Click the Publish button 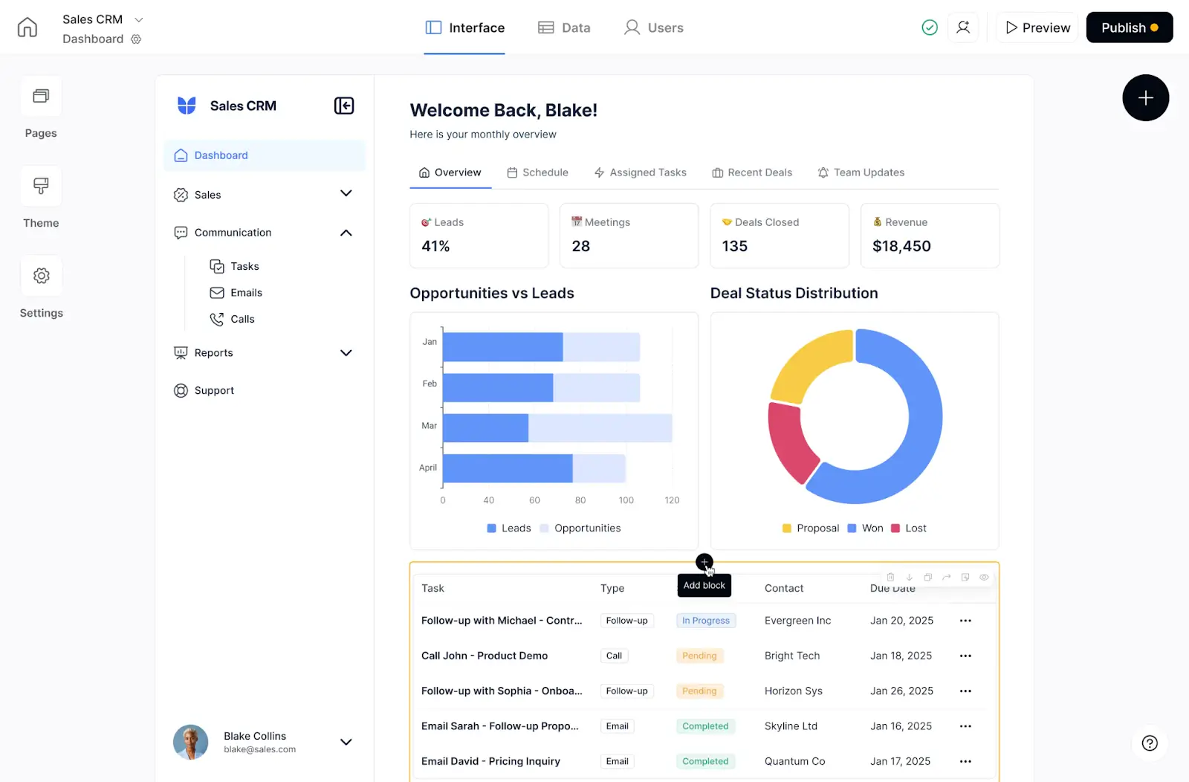pyautogui.click(x=1128, y=28)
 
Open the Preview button pyautogui.click(x=1037, y=28)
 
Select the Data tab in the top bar pyautogui.click(x=564, y=28)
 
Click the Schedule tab pyautogui.click(x=537, y=172)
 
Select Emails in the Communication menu pyautogui.click(x=245, y=293)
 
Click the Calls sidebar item pyautogui.click(x=242, y=319)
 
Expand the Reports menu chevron pyautogui.click(x=346, y=353)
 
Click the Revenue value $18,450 pyautogui.click(x=901, y=246)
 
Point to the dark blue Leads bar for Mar pyautogui.click(x=485, y=428)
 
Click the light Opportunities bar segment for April pyautogui.click(x=598, y=468)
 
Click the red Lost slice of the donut pyautogui.click(x=790, y=443)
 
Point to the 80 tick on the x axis pyautogui.click(x=580, y=500)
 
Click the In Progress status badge pyautogui.click(x=705, y=621)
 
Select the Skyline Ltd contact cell pyautogui.click(x=791, y=726)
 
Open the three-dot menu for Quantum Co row pyautogui.click(x=965, y=761)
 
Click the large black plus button pyautogui.click(x=1145, y=98)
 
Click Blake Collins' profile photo pyautogui.click(x=191, y=742)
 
